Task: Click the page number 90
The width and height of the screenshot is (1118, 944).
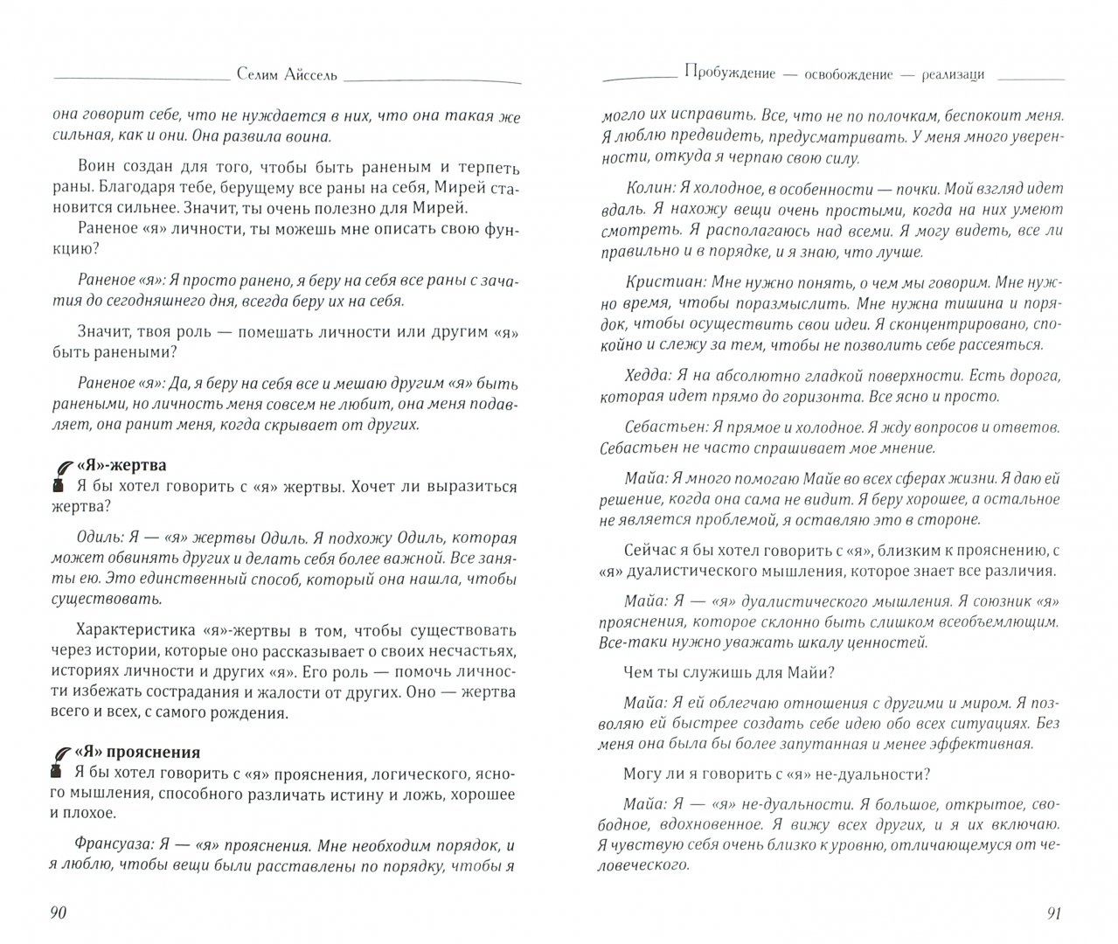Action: [58, 913]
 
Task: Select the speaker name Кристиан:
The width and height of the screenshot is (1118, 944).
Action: [665, 283]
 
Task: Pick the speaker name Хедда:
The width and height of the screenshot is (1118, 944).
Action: [652, 376]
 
